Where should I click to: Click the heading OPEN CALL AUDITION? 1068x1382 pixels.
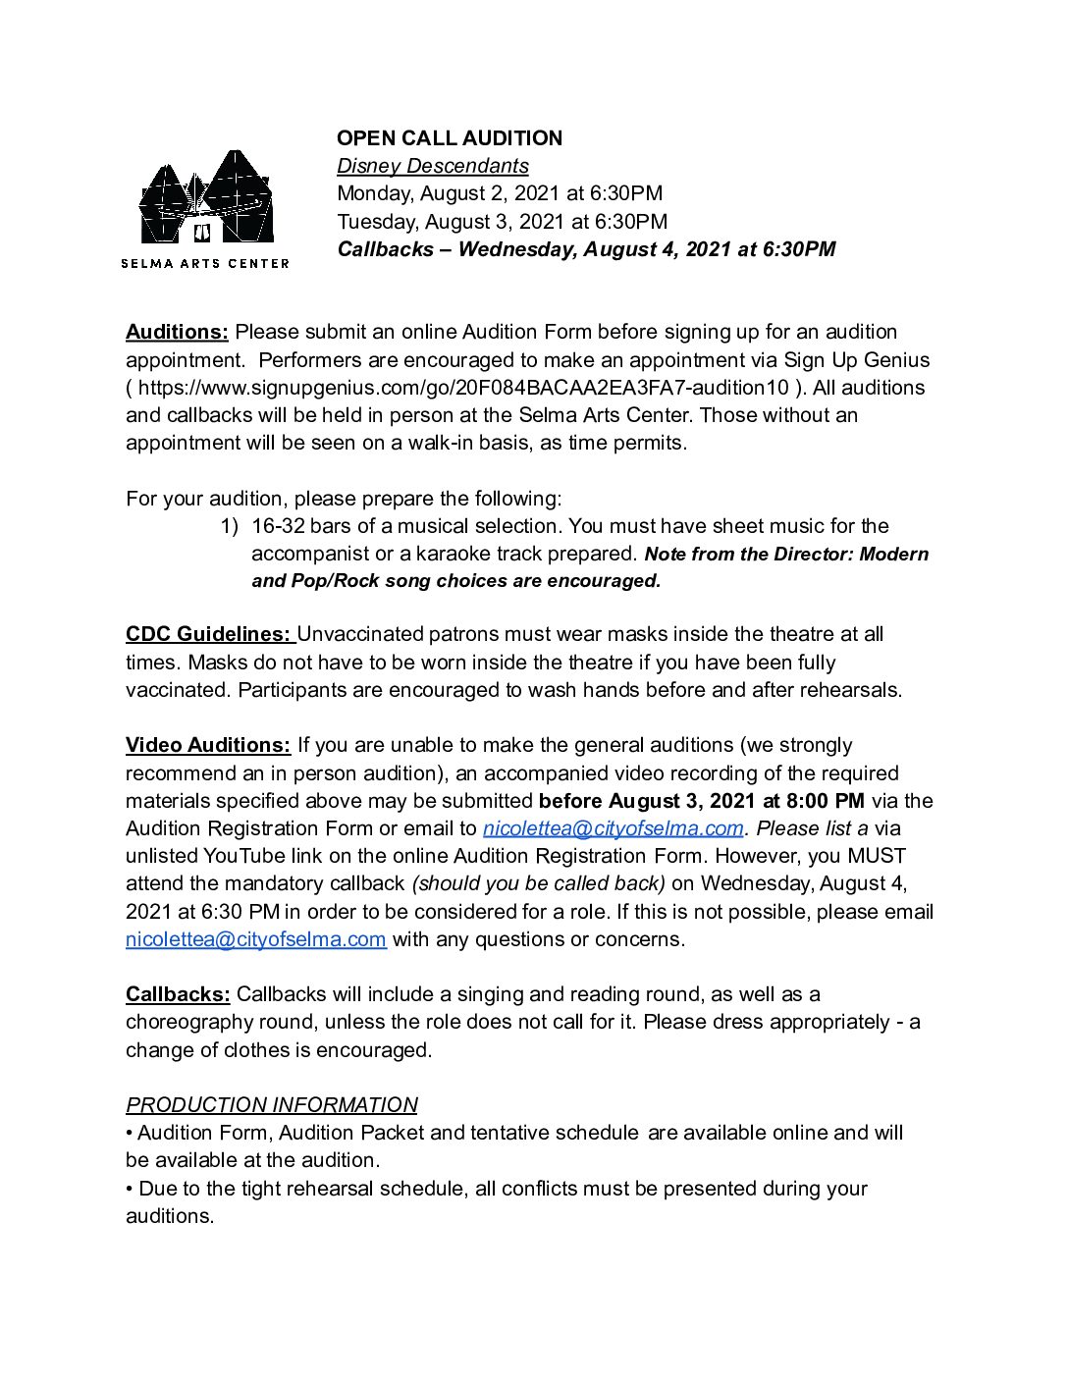click(450, 138)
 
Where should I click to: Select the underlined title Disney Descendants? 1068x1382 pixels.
click(432, 166)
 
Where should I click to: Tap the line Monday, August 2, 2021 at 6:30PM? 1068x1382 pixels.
click(499, 193)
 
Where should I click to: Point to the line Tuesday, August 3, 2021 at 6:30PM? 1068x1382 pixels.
click(502, 222)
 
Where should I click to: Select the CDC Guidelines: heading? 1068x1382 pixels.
click(208, 634)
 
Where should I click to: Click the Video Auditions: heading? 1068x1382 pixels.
click(208, 745)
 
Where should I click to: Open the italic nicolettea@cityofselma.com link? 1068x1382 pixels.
click(613, 828)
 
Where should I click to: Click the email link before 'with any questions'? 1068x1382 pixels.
click(255, 939)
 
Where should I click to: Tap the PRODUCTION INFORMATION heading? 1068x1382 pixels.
click(271, 1105)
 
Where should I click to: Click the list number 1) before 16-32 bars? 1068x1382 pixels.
click(229, 526)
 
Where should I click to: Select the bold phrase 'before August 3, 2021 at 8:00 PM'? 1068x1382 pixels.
click(701, 801)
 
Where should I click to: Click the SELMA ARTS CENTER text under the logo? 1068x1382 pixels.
click(204, 263)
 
